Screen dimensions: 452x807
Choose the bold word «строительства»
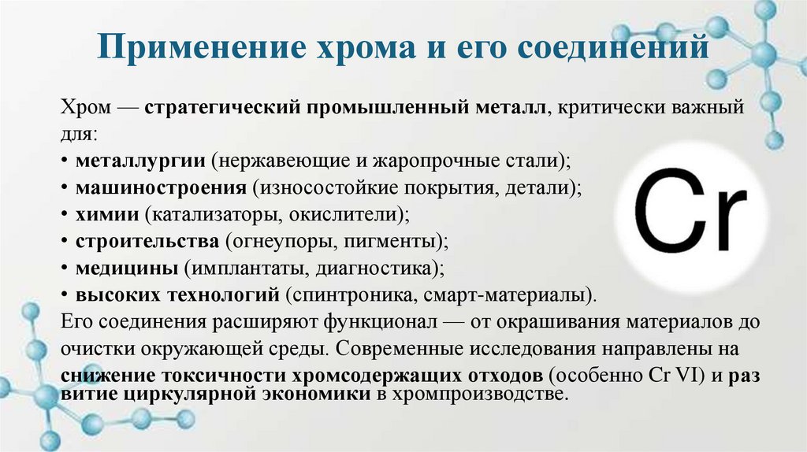point(147,240)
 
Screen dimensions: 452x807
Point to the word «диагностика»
point(374,267)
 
